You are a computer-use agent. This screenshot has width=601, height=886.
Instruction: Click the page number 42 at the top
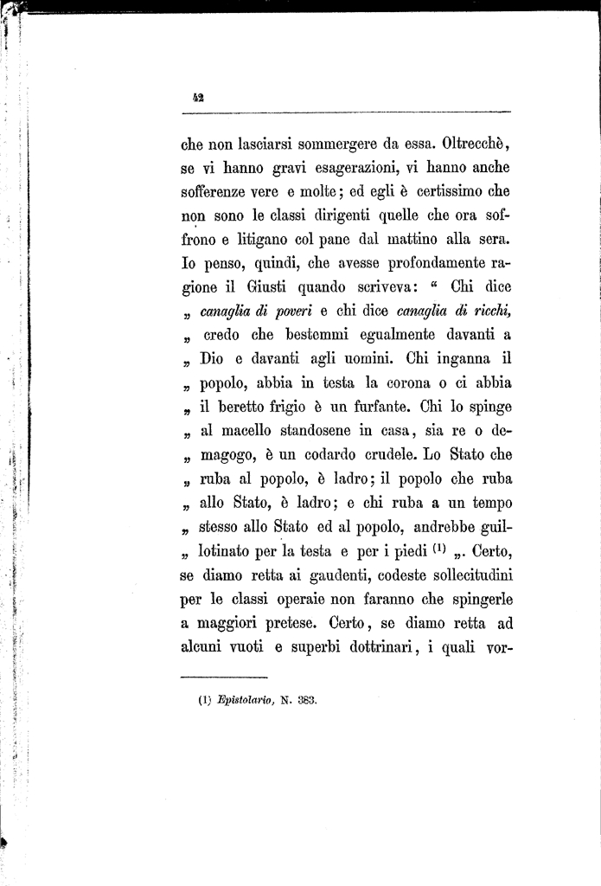(196, 99)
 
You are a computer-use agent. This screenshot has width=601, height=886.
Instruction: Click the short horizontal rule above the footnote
(225, 677)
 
